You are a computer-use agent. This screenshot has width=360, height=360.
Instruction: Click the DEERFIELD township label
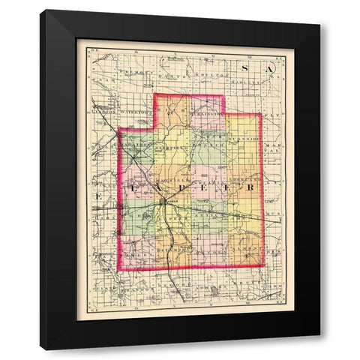click(x=173, y=148)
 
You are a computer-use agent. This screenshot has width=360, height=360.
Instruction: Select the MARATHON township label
click(x=140, y=146)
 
